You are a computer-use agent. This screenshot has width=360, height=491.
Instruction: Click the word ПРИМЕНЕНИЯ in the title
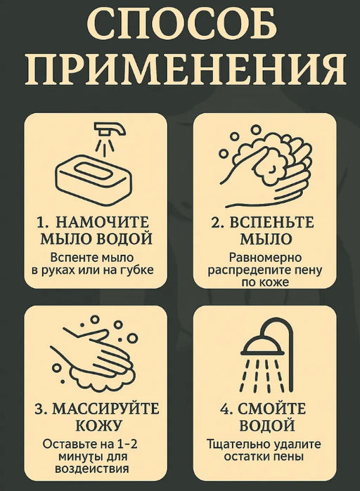click(186, 69)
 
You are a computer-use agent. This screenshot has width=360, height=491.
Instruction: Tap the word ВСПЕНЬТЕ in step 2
click(271, 223)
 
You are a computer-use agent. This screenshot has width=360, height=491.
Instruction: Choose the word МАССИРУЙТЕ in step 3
click(105, 410)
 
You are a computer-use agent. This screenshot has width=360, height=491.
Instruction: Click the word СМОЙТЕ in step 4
click(271, 410)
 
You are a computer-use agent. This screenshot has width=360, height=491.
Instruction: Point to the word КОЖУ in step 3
click(98, 426)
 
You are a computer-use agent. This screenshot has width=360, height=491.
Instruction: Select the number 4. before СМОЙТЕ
click(226, 410)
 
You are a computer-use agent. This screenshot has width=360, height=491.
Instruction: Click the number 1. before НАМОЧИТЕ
click(43, 223)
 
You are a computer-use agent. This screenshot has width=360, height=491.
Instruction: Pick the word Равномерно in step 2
click(265, 258)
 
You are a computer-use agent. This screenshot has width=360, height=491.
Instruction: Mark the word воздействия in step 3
click(92, 469)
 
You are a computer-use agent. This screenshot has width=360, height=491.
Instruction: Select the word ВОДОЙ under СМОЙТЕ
click(267, 426)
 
